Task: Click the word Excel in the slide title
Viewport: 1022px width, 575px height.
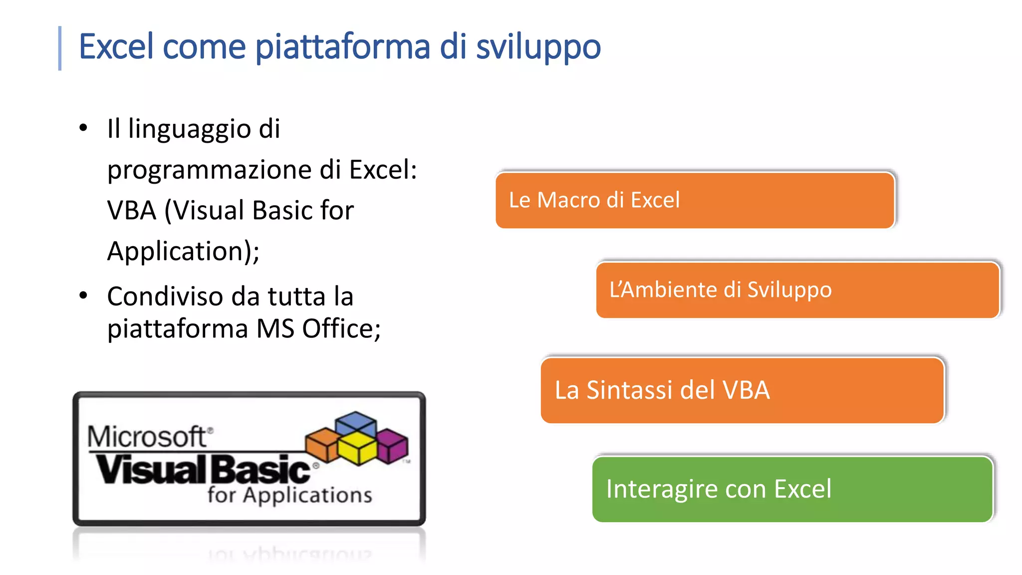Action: coord(116,46)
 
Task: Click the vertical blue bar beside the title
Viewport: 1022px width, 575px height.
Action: coord(60,48)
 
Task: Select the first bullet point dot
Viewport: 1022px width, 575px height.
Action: coord(83,128)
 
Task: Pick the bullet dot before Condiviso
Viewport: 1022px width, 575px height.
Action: coord(83,295)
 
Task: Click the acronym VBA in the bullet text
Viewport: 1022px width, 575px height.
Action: coord(132,210)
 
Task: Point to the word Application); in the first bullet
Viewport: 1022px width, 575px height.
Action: coord(183,251)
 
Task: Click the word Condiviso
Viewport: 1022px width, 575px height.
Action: coord(165,296)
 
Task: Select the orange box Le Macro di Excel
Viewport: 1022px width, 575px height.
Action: coord(695,200)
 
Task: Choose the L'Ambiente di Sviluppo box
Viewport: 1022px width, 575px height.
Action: coord(797,290)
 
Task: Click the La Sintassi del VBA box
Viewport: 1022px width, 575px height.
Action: coord(743,390)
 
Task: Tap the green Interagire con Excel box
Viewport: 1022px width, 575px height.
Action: coord(792,489)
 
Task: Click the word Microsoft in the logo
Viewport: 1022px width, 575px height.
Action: coord(147,437)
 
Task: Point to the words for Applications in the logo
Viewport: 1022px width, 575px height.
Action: coord(289,495)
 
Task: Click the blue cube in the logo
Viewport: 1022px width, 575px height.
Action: coord(355,423)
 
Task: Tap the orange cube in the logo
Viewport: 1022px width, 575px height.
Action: coord(321,443)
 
